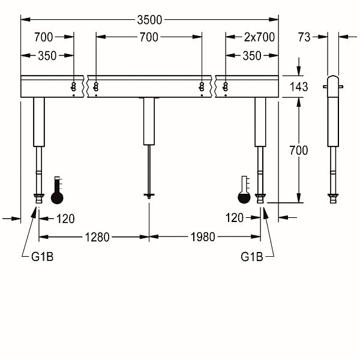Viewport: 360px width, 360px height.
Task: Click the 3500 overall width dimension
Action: coord(149,20)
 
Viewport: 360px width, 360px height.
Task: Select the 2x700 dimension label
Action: coord(259,37)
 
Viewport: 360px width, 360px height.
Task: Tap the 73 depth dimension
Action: coord(304,37)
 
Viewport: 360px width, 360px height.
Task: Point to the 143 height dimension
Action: coord(299,87)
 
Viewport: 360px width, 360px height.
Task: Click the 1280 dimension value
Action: coord(97,237)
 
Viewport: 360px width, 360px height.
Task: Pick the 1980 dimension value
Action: coord(203,237)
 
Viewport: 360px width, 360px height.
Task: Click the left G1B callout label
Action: coord(43,257)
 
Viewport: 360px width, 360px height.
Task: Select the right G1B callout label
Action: coord(252,257)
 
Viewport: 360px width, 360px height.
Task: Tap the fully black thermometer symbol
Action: coord(57,190)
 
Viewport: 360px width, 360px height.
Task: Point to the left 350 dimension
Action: coord(47,56)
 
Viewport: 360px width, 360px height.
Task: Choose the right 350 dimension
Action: coord(252,56)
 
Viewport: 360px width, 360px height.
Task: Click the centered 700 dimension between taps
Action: coord(149,37)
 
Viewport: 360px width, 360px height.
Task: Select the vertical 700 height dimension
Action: coord(299,151)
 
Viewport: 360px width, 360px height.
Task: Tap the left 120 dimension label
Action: coord(65,219)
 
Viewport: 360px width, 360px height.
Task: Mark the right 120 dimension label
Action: coord(235,218)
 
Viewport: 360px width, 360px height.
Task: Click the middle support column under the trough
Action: coord(149,121)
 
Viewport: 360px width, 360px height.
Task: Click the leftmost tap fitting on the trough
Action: coord(73,87)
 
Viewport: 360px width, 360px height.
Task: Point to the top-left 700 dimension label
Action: coord(44,37)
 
